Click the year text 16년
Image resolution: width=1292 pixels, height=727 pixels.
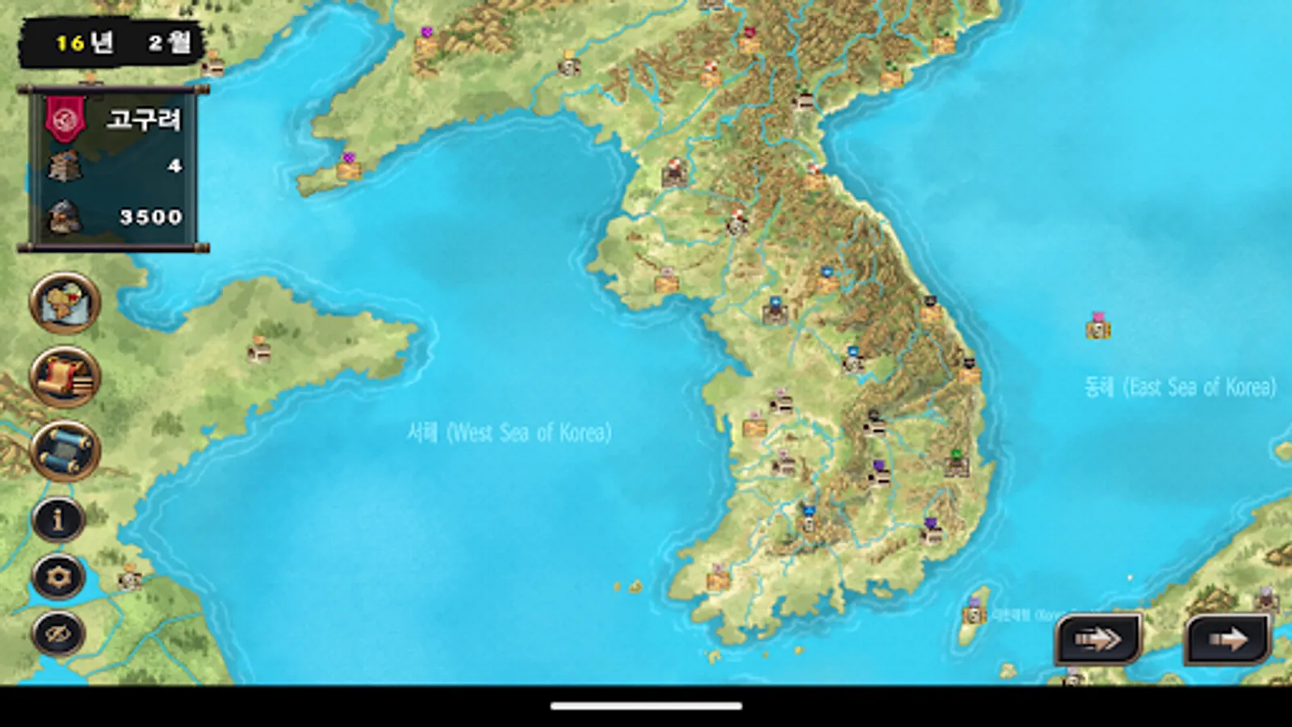(x=84, y=42)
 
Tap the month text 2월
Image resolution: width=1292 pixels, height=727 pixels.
(x=170, y=42)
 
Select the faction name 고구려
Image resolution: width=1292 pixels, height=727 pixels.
(x=144, y=120)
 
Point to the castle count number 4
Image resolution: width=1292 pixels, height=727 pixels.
(x=174, y=166)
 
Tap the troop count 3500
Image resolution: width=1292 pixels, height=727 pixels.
(x=151, y=216)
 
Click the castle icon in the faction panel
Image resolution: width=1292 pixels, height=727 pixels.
(x=65, y=166)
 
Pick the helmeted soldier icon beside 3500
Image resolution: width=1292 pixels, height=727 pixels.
(x=65, y=216)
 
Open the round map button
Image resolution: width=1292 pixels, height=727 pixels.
(x=65, y=303)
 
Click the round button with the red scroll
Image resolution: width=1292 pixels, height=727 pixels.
(x=65, y=376)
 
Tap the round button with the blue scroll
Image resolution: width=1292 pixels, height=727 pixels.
(x=65, y=450)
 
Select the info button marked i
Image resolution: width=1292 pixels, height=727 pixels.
(x=58, y=519)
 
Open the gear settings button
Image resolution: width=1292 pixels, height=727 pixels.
(x=58, y=577)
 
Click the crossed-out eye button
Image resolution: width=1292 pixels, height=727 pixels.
(x=58, y=634)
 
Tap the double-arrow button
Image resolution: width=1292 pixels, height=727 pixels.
(x=1098, y=639)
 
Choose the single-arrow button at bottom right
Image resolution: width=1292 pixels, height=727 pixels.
(x=1227, y=639)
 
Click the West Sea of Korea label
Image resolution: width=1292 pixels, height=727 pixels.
(x=509, y=433)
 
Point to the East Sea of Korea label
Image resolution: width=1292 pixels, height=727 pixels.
(x=1180, y=388)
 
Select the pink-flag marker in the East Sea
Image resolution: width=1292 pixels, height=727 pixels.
(x=1097, y=326)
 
